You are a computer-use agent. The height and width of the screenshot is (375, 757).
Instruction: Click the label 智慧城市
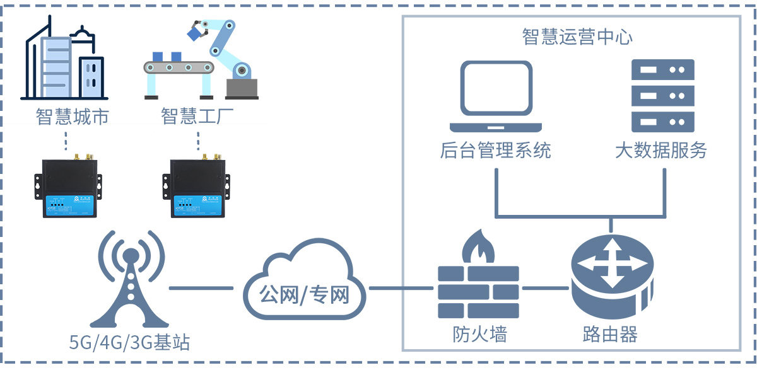[73, 117]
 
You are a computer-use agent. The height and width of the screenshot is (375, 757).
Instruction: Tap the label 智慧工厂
[198, 117]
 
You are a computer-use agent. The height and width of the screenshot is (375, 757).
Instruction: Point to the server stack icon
[662, 95]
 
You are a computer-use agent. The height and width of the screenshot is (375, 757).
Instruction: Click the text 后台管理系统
[495, 151]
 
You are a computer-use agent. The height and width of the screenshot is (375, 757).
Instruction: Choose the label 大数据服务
[661, 151]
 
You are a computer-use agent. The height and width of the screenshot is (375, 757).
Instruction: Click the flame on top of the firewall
[478, 246]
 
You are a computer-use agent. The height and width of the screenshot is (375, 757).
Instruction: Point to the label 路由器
[610, 334]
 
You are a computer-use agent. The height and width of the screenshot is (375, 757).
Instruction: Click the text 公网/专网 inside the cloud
[304, 294]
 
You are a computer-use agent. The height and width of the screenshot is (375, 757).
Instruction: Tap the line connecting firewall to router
[545, 289]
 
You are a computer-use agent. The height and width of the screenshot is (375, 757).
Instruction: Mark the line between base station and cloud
[201, 289]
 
